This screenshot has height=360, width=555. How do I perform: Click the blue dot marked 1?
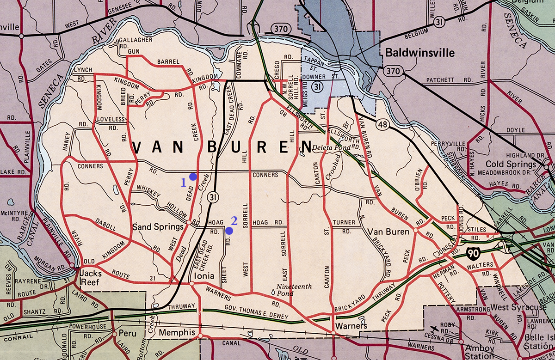tap(193, 177)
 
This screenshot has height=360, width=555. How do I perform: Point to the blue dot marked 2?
tap(229, 230)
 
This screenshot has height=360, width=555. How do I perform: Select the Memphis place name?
tap(177, 332)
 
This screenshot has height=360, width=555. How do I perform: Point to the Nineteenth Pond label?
tap(294, 290)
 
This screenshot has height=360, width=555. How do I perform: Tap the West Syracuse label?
tap(518, 307)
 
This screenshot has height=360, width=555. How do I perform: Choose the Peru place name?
tap(127, 333)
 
